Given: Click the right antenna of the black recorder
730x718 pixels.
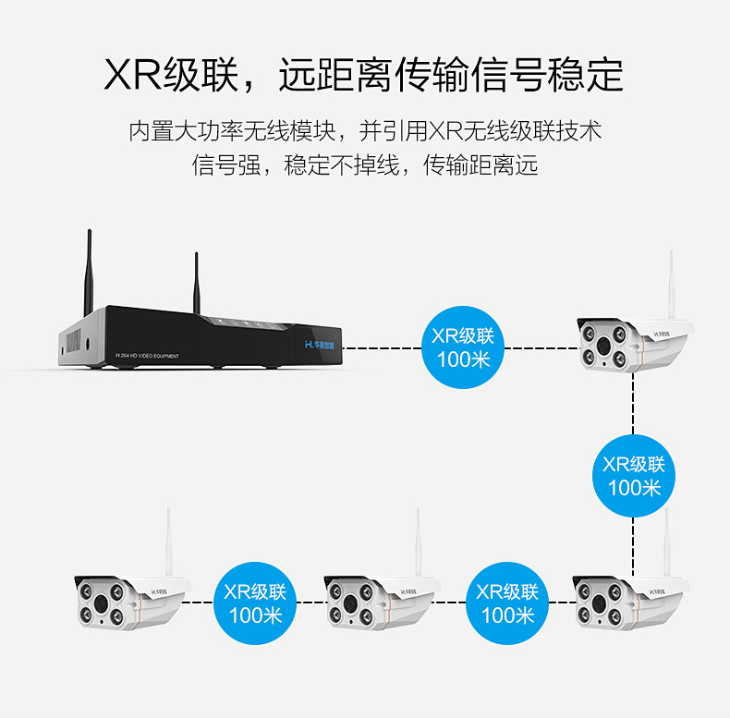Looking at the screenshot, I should (197, 282).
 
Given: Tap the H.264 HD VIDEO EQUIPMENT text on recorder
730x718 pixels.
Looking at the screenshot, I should (152, 354).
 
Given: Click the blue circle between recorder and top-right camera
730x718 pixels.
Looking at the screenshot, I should (463, 347).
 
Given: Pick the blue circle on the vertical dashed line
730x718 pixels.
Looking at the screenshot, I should (634, 475).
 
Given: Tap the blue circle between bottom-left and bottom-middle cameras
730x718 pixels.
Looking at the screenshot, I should (254, 602).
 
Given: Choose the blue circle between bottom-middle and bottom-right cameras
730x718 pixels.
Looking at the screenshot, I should (506, 602).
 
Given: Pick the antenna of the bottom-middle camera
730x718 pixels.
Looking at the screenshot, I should (419, 545).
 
